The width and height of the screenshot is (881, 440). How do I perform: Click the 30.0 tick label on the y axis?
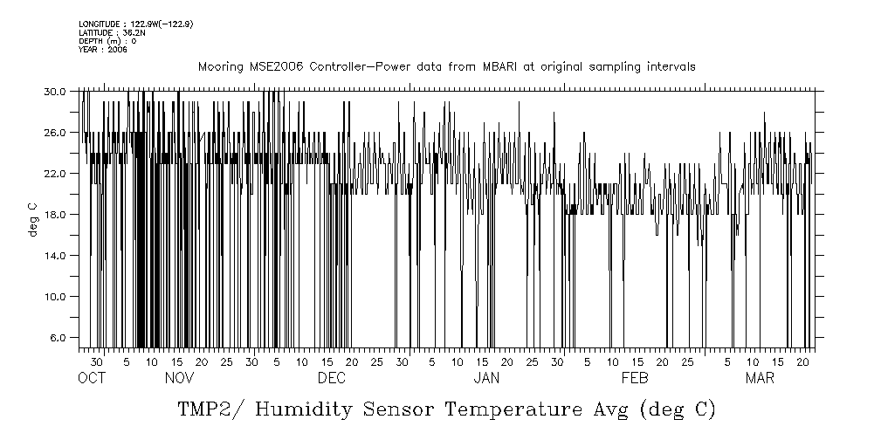point(55,91)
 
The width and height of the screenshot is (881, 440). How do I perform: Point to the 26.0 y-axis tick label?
point(55,132)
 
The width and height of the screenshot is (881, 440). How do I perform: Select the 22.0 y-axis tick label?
point(55,173)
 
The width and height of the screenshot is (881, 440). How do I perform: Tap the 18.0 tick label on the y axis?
point(55,214)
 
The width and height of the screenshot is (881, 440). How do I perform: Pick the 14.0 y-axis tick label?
point(55,255)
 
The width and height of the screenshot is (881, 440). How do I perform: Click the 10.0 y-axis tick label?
point(55,296)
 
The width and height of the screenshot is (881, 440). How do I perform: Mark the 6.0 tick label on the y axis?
point(58,337)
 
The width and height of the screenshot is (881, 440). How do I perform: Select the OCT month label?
point(91,378)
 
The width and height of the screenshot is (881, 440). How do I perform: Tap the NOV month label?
point(179,378)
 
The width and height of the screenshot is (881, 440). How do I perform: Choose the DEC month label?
point(332,378)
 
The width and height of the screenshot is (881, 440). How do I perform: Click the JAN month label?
point(486,378)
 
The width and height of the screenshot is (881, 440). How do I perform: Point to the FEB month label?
point(635,378)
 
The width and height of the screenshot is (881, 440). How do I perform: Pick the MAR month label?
point(760,378)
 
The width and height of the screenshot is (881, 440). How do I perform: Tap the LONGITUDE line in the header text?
point(135,24)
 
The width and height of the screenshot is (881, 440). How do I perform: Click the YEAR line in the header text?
point(103,50)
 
